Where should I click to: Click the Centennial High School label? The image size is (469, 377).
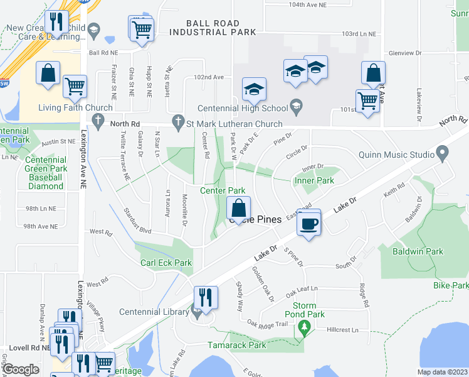242,107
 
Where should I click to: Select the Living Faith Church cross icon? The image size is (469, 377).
97,119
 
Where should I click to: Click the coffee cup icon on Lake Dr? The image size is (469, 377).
308,223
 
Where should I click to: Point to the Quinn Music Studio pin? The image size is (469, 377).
443,153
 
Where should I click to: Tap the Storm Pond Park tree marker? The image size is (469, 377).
305,327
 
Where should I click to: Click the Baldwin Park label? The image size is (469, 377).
435,251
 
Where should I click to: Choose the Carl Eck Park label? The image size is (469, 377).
166,263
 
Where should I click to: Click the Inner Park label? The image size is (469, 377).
313,180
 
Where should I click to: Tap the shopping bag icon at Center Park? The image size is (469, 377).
238,207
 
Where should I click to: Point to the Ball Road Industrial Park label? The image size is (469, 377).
213,27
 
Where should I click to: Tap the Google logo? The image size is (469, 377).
21,369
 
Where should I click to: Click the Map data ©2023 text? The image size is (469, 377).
443,372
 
